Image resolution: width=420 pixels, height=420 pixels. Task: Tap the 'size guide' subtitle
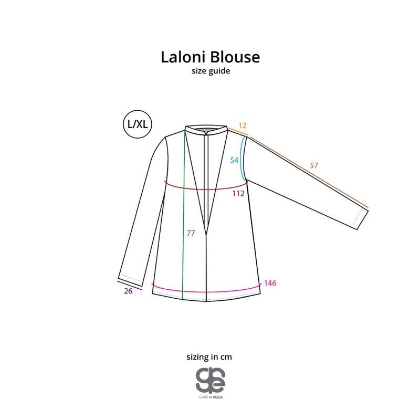pyautogui.click(x=210, y=71)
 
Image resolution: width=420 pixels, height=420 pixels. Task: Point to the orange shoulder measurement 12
pyautogui.click(x=242, y=126)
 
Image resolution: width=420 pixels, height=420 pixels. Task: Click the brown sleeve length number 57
pyautogui.click(x=314, y=165)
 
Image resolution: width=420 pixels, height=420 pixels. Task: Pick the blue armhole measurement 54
pyautogui.click(x=234, y=160)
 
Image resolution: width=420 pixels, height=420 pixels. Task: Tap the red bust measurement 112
pyautogui.click(x=239, y=193)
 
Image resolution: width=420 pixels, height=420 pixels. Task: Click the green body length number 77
pyautogui.click(x=191, y=233)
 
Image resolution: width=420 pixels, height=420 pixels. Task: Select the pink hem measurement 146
pyautogui.click(x=270, y=283)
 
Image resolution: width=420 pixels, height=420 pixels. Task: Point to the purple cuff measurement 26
pyautogui.click(x=128, y=292)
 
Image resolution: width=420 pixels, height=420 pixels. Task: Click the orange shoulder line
pyautogui.click(x=238, y=131)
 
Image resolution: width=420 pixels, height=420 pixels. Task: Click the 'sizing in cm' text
pyautogui.click(x=209, y=356)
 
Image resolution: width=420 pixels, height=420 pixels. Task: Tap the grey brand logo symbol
pyautogui.click(x=210, y=379)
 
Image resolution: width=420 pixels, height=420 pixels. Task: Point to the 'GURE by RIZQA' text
pyautogui.click(x=210, y=397)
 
